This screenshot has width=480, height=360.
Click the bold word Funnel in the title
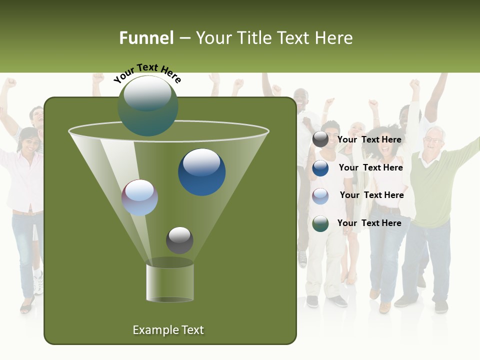pyautogui.click(x=146, y=38)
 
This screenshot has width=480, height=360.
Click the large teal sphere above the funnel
pyautogui.click(x=148, y=106)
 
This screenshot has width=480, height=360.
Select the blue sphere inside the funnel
pyautogui.click(x=201, y=172)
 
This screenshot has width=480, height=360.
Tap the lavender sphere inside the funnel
pyautogui.click(x=139, y=197)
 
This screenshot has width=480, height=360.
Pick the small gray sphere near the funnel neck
pyautogui.click(x=179, y=240)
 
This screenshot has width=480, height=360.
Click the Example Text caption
pyautogui.click(x=168, y=330)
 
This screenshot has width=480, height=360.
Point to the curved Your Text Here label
pyautogui.click(x=147, y=72)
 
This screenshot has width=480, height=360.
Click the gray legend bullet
pyautogui.click(x=320, y=140)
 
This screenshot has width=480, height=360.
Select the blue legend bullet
pyautogui.click(x=320, y=168)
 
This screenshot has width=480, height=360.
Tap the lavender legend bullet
pyautogui.click(x=320, y=195)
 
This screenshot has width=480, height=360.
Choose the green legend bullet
pyautogui.click(x=320, y=223)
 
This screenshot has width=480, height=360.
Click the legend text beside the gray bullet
pyautogui.click(x=369, y=140)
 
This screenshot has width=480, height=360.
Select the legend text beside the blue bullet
pyautogui.click(x=370, y=168)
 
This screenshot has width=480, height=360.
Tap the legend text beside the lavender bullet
pyautogui.click(x=371, y=195)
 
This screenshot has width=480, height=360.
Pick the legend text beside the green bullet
pyautogui.click(x=369, y=223)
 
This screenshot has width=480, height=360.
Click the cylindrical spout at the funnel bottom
pyautogui.click(x=170, y=282)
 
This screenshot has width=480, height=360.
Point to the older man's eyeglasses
pyautogui.click(x=433, y=140)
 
